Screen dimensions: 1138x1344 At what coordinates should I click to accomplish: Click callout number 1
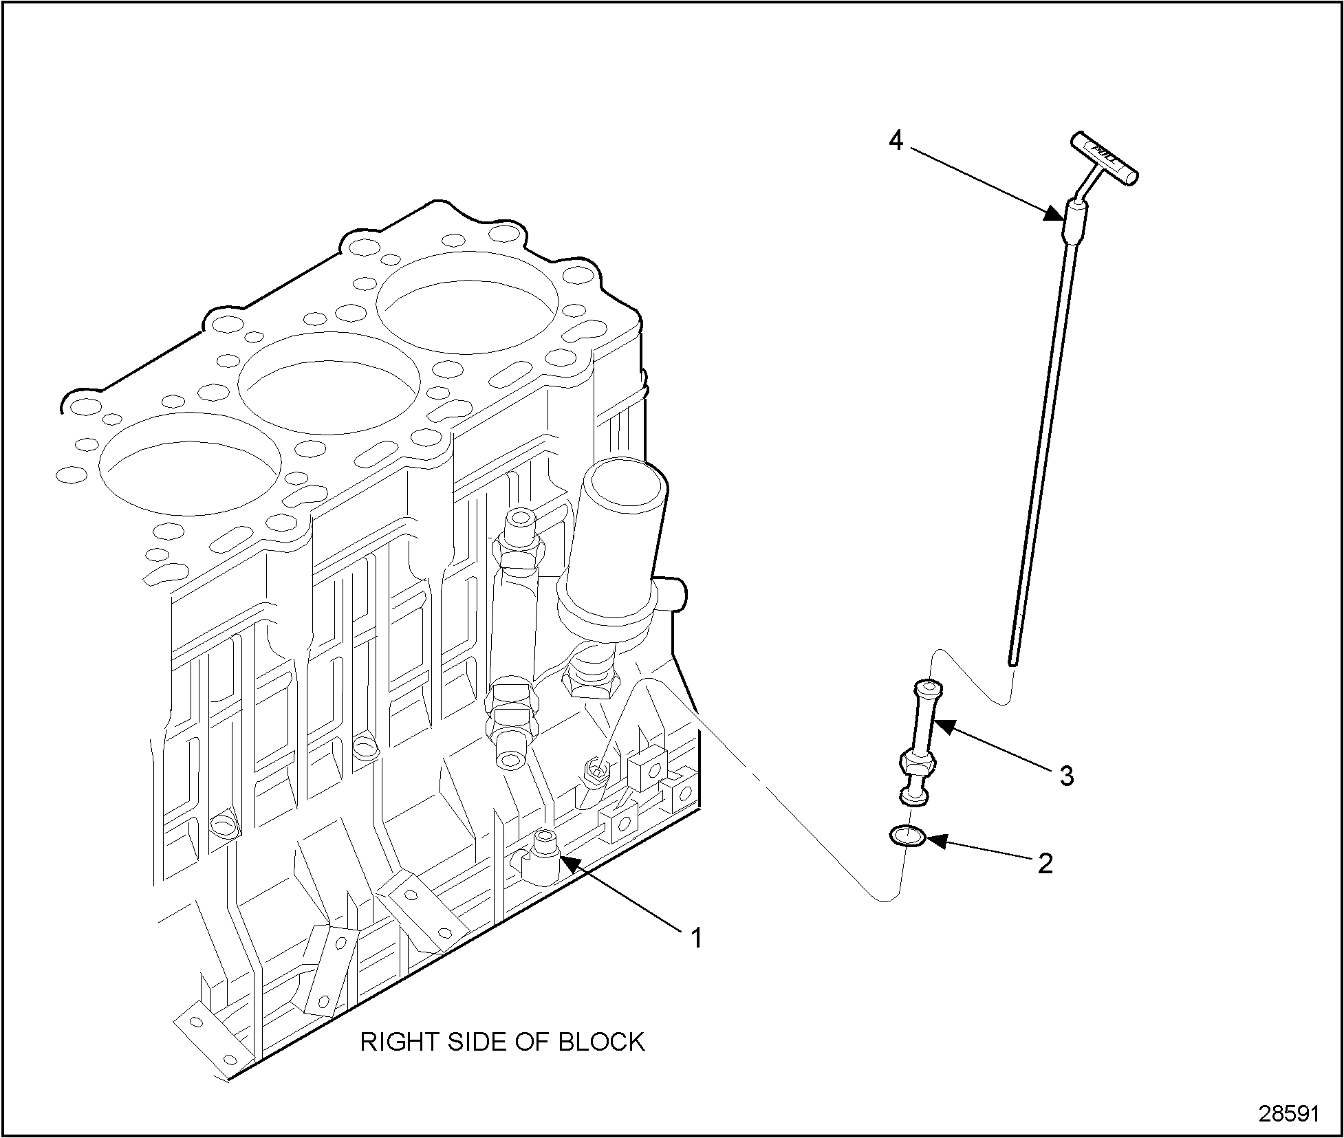696,937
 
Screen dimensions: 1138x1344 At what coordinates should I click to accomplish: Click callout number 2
1045,864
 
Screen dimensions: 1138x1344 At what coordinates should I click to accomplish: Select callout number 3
1065,776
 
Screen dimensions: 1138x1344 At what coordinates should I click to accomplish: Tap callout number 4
895,141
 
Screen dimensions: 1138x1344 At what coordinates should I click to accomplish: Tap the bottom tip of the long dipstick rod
1012,662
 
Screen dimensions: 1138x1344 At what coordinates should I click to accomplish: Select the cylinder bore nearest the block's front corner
190,463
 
